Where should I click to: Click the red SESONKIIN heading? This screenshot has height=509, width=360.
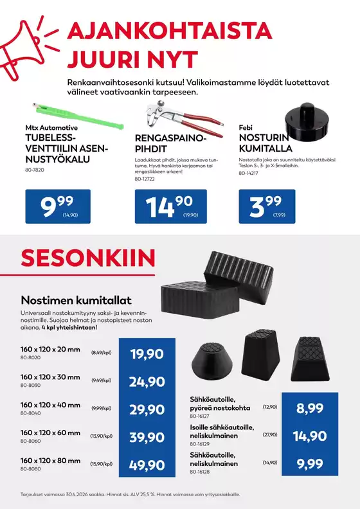point(88,258)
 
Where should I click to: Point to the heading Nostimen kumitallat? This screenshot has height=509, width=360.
point(76,299)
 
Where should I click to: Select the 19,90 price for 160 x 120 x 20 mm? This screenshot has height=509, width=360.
point(147,353)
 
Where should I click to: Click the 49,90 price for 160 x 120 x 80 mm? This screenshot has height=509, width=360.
point(147,465)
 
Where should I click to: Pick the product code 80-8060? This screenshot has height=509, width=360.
point(32,442)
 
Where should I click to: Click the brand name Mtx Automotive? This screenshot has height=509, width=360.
point(51,128)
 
